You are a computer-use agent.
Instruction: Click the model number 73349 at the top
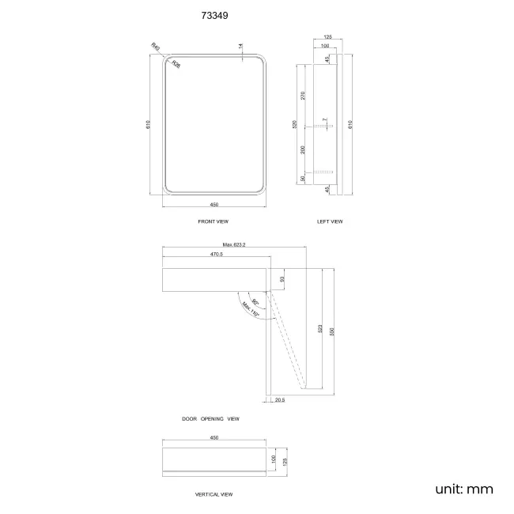[x=216, y=15]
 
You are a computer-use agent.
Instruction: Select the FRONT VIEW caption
[x=213, y=221]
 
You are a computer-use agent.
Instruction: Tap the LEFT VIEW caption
[x=330, y=221]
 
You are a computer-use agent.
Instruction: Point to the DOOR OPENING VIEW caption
[x=210, y=418]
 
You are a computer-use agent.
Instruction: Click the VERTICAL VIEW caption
[x=214, y=494]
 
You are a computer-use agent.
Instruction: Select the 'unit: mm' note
[x=463, y=489]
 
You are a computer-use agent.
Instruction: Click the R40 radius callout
[x=156, y=49]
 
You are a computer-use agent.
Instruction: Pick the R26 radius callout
[x=176, y=66]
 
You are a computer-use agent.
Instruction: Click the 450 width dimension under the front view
[x=214, y=204]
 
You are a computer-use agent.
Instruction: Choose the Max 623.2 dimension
[x=234, y=245]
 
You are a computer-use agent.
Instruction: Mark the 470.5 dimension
[x=216, y=255]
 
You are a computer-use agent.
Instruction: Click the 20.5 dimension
[x=280, y=399]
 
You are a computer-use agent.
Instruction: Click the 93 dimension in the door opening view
[x=282, y=278]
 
